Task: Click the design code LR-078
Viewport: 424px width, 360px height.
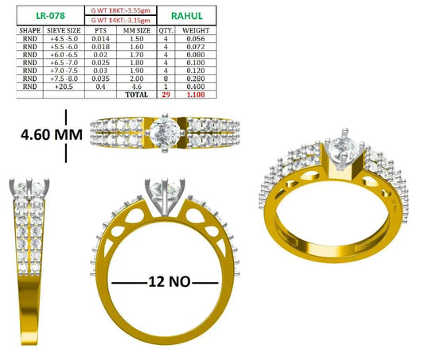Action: [51, 16]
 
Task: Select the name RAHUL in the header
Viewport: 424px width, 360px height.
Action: [187, 16]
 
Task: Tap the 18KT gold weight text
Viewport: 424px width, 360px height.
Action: [120, 10]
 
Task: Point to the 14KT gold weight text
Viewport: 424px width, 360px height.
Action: [120, 20]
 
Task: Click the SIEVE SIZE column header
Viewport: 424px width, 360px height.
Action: [64, 30]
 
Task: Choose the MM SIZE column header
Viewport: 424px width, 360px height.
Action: [137, 30]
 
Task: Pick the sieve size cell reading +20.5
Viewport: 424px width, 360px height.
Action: [64, 87]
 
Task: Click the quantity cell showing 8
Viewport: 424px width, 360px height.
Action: [165, 79]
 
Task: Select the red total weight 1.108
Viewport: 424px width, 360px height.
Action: [196, 95]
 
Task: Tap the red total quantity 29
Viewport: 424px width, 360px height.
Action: [165, 95]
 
